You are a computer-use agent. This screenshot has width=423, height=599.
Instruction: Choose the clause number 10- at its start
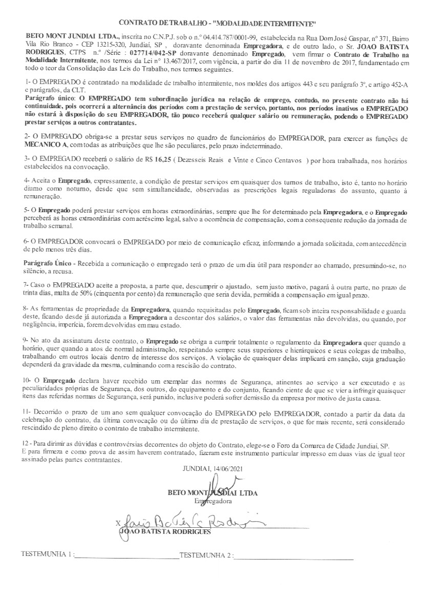pos(30,382)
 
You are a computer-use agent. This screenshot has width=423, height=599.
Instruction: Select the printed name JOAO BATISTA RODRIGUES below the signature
pos(165,532)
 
